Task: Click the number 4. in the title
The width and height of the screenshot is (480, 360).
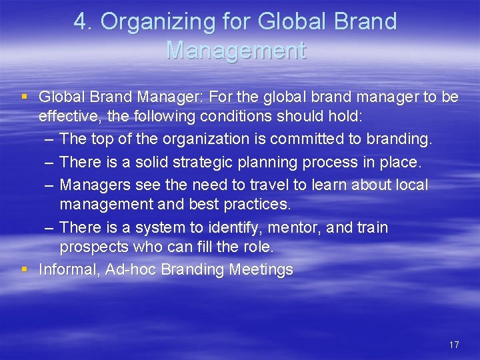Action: click(x=83, y=22)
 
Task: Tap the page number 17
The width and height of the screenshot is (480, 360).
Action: click(x=454, y=345)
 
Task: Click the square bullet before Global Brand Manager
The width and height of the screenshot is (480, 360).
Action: click(x=25, y=97)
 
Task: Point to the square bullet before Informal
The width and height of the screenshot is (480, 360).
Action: click(x=25, y=269)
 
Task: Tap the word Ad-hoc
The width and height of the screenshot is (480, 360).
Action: click(x=132, y=269)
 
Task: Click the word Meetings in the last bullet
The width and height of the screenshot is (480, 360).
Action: click(x=261, y=269)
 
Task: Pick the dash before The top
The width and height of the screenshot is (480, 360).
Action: click(x=50, y=140)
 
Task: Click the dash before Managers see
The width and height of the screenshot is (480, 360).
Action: click(x=50, y=184)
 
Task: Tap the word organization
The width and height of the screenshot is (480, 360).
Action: click(x=187, y=140)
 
